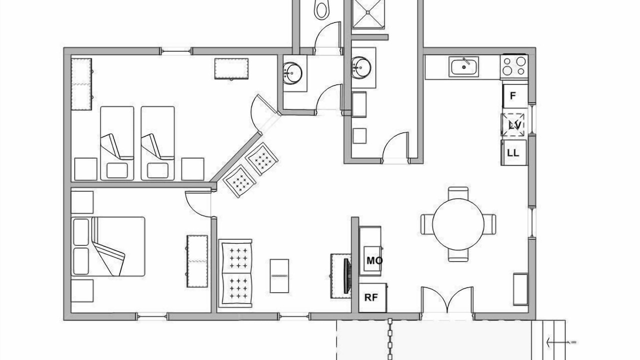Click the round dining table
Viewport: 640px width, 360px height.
click(x=458, y=224)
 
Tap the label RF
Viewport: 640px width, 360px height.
click(x=371, y=297)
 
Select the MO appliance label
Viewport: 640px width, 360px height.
click(x=374, y=260)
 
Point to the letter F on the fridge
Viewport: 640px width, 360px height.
click(x=513, y=95)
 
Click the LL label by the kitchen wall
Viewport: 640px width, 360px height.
click(x=513, y=153)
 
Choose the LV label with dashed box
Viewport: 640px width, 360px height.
click(x=515, y=125)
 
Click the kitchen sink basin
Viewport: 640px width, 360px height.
click(x=463, y=67)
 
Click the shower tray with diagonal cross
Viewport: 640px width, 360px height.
click(x=368, y=13)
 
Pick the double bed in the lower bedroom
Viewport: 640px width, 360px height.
click(x=108, y=246)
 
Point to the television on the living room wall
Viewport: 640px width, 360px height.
click(x=347, y=276)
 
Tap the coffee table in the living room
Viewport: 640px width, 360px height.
click(x=279, y=276)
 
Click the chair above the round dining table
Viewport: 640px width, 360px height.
click(x=458, y=193)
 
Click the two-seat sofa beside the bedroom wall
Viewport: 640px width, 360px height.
click(x=235, y=273)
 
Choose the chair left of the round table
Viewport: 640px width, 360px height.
click(x=426, y=224)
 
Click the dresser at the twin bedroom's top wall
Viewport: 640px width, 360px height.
click(x=231, y=69)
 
